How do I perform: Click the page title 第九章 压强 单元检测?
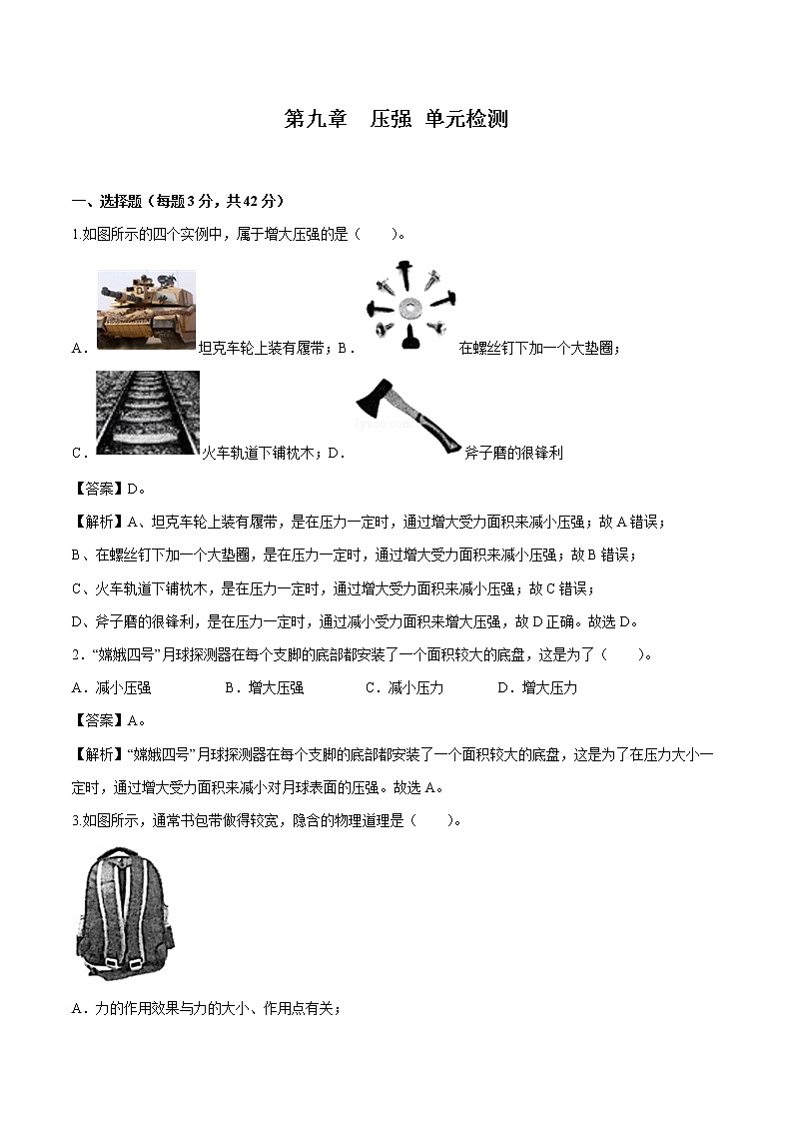pyautogui.click(x=396, y=119)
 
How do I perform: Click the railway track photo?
pyautogui.click(x=148, y=412)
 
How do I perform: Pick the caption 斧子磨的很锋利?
pyautogui.click(x=513, y=453)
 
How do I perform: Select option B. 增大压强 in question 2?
pyautogui.click(x=264, y=687)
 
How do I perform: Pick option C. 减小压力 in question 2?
pyautogui.click(x=404, y=687)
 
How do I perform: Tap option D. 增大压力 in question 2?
pyautogui.click(x=537, y=687)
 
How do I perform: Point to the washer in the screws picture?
pyautogui.click(x=407, y=303)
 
